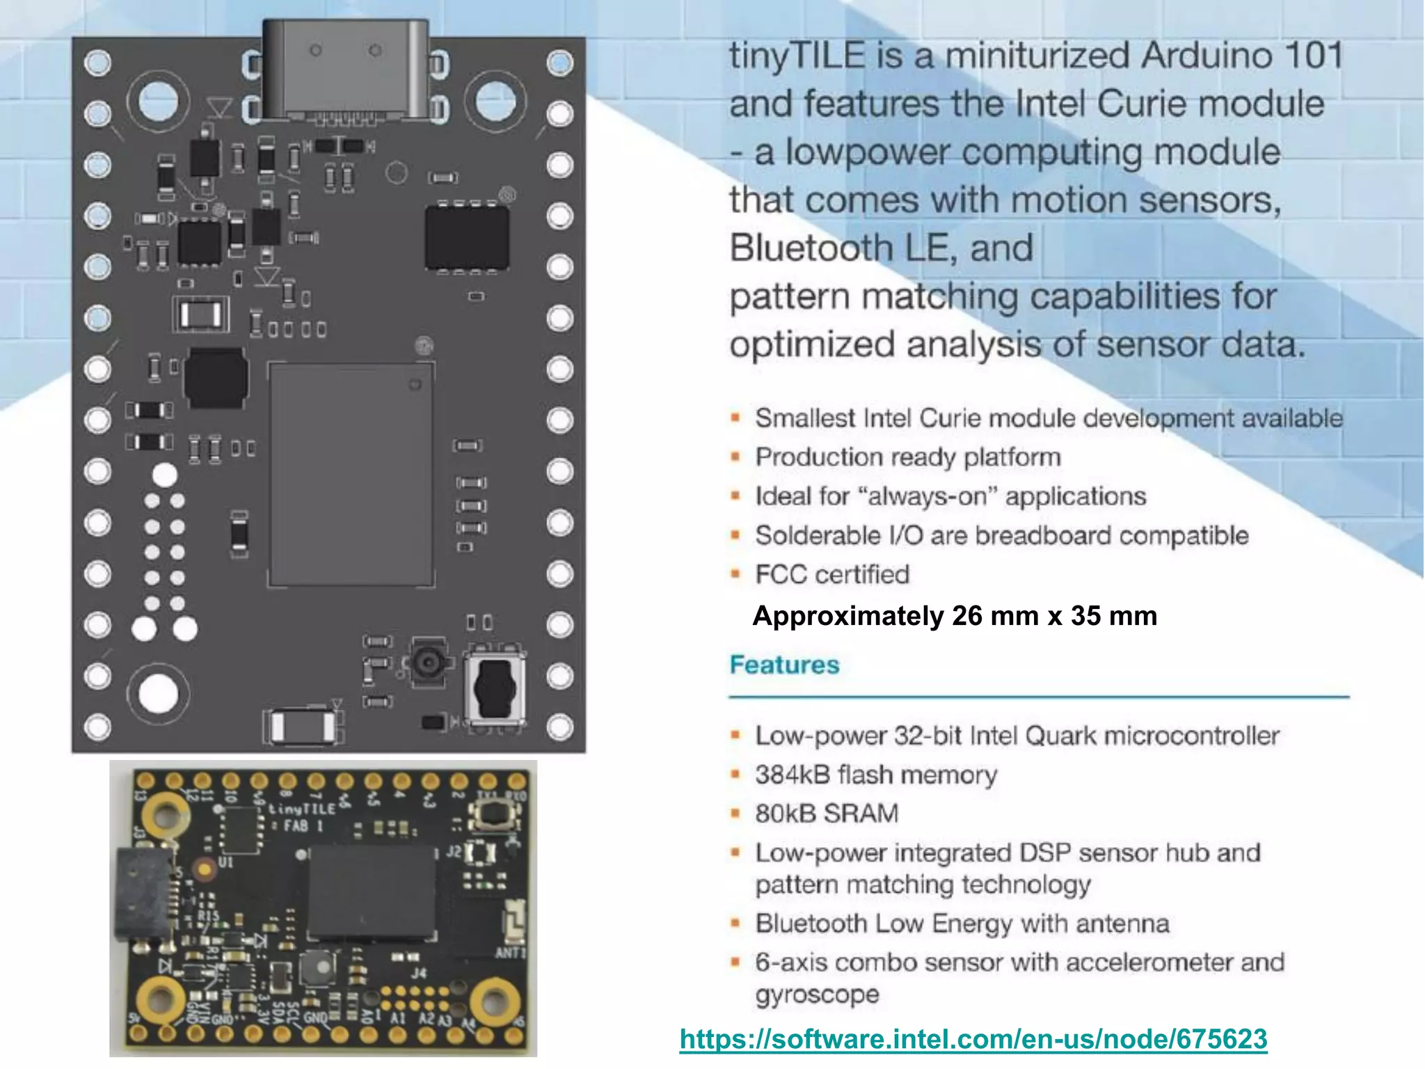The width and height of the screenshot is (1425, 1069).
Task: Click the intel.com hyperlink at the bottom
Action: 973,1039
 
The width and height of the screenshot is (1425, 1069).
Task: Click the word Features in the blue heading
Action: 784,665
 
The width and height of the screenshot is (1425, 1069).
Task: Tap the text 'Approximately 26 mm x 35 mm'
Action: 955,617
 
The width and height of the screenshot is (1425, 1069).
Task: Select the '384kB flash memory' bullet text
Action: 876,775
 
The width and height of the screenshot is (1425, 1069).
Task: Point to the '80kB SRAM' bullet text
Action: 827,814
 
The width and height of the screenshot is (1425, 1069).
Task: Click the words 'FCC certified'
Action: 832,575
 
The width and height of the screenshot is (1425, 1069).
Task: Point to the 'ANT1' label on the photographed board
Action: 510,952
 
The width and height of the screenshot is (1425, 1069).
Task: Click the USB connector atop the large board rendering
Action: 345,70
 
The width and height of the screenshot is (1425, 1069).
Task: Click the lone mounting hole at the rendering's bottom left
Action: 158,693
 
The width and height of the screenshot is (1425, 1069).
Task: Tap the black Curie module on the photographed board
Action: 372,891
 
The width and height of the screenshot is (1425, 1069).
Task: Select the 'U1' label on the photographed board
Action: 226,862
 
